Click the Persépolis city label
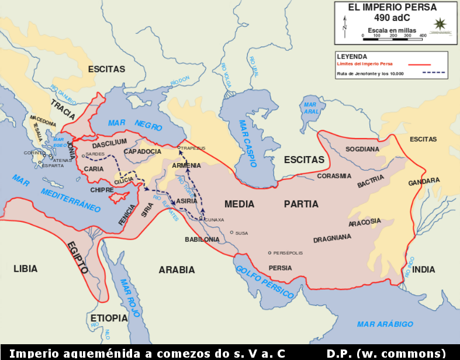point(288,253)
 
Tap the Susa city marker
point(231,233)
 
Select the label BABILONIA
point(202,240)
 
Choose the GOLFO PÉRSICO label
point(265,281)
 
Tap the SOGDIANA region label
point(362,149)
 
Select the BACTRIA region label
point(371,183)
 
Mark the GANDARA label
point(424,181)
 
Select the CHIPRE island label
point(102,190)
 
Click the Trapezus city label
point(193,148)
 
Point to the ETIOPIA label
point(109,318)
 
